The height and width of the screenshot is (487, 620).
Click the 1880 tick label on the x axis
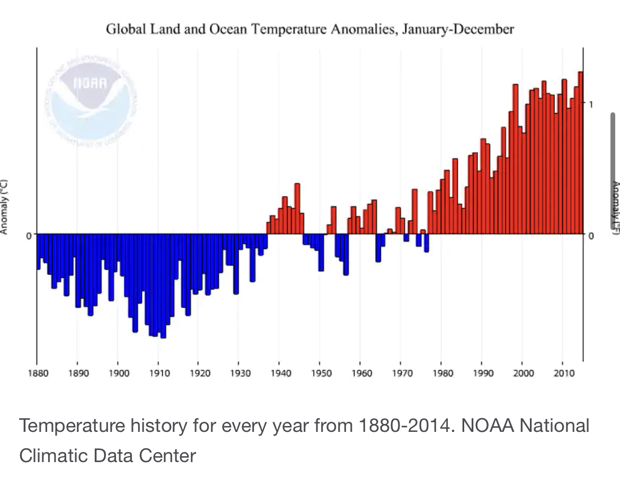37,373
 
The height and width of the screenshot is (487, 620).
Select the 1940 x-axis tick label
280,373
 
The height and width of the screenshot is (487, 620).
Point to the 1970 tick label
402,373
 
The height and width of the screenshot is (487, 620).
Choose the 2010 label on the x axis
563,373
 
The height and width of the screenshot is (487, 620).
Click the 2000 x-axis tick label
522,373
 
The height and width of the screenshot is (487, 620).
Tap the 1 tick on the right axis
590,103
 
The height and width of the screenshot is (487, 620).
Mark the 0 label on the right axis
591,235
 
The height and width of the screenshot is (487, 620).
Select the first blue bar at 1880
38,251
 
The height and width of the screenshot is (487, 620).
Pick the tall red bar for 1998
515,159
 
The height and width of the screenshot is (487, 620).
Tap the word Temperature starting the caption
72,426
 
